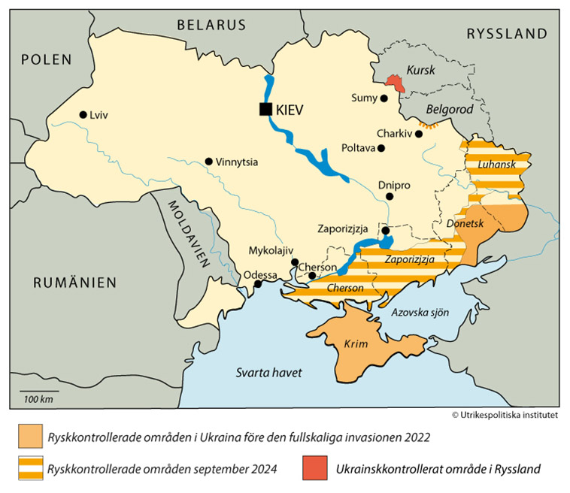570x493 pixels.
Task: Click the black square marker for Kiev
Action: point(265,109)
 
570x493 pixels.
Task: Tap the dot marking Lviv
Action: point(83,115)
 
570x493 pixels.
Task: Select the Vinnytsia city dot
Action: point(208,162)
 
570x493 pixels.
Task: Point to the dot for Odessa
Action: point(257,284)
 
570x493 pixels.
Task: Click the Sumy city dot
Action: point(384,98)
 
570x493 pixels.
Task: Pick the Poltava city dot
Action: point(381,148)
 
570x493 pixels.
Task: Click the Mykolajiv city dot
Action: point(295,262)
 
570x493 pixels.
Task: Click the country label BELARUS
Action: point(211,25)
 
